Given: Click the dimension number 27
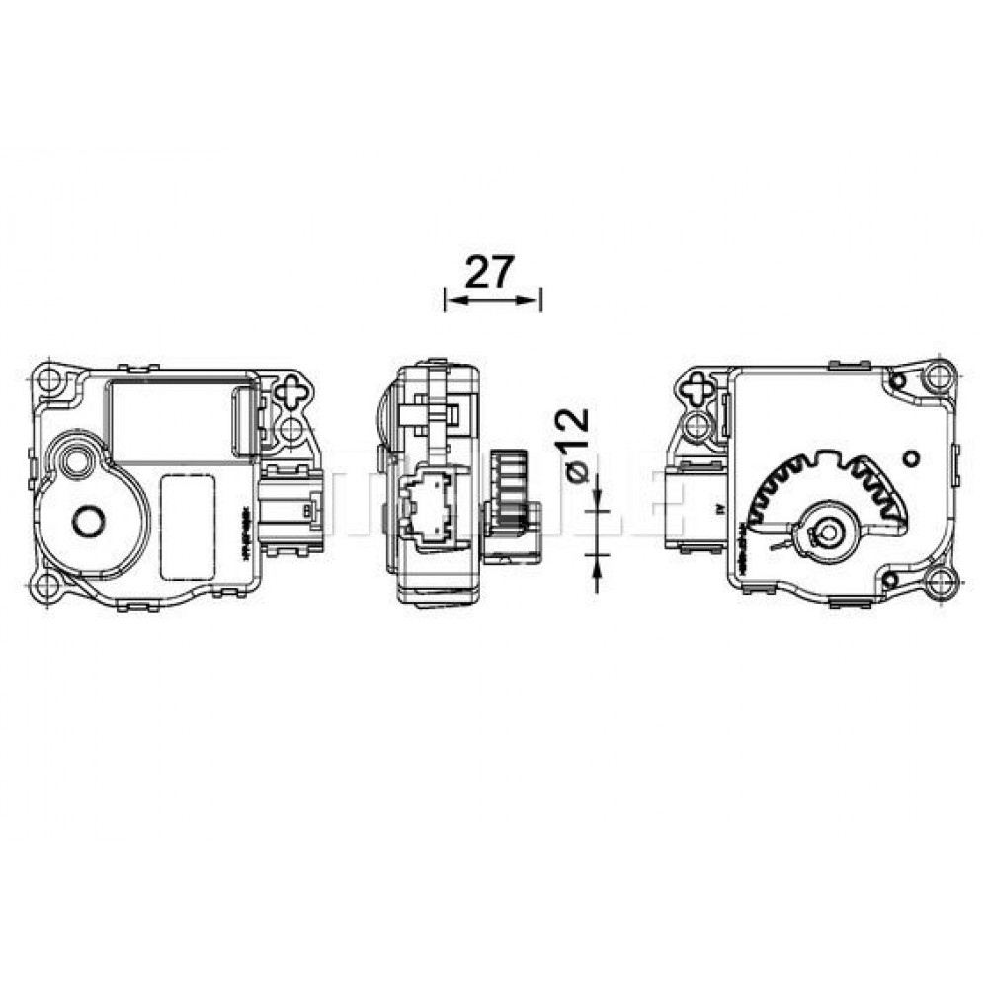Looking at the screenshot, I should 490,272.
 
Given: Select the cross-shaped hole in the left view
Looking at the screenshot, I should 293,390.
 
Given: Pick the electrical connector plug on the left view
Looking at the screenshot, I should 293,504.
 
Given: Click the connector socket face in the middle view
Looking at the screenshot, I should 427,502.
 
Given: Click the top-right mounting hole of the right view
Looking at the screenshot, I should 939,376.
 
